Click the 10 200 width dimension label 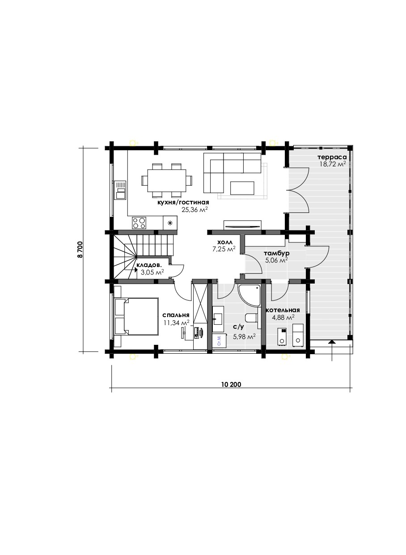231,385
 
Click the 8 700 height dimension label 80,250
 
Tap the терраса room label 332,157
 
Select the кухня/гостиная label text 183,203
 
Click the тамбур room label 276,254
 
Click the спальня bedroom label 176,315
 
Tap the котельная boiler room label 283,310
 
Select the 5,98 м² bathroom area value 244,336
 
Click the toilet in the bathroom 251,318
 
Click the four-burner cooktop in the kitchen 139,223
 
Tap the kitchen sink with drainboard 120,190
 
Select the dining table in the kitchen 167,180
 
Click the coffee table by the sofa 242,188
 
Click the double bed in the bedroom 136,317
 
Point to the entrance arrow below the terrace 332,351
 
